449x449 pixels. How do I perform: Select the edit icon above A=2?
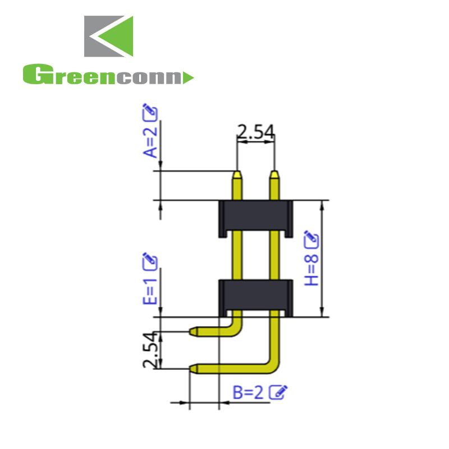150,112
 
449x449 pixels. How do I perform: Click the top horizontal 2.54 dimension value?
255,132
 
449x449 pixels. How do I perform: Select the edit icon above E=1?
150,261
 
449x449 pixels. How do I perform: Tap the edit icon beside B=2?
279,392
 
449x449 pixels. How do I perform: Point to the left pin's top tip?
238,174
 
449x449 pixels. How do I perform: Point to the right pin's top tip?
274,174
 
